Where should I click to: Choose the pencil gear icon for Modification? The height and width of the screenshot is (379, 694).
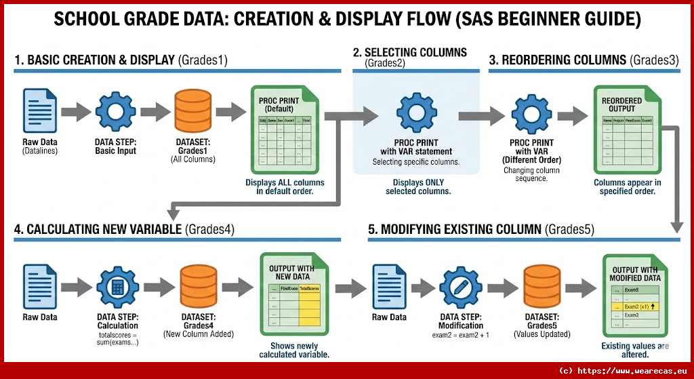coord(461,287)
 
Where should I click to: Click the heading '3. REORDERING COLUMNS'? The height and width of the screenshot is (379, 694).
coord(558,60)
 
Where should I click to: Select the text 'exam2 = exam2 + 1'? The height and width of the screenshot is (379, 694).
coord(461,335)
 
